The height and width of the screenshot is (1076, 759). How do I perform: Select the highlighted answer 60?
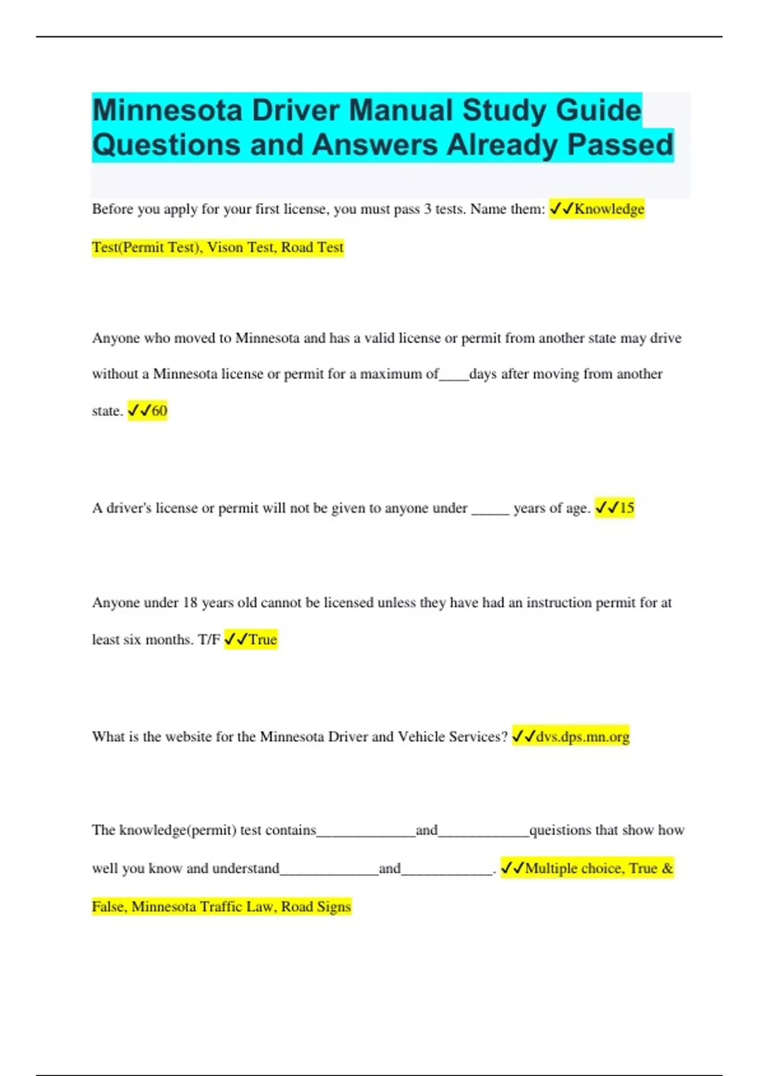(159, 411)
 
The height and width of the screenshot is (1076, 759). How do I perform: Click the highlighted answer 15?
(626, 508)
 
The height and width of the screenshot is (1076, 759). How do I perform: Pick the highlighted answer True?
(262, 639)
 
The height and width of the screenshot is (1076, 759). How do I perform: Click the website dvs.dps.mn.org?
(583, 737)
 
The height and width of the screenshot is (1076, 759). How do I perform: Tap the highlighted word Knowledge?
(609, 209)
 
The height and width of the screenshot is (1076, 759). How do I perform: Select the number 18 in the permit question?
(190, 603)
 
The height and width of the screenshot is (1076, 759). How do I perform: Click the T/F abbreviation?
(209, 639)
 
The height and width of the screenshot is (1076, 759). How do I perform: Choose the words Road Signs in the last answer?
(316, 906)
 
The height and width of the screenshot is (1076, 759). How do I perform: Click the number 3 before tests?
(428, 209)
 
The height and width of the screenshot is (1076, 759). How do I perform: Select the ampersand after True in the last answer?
(667, 868)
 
